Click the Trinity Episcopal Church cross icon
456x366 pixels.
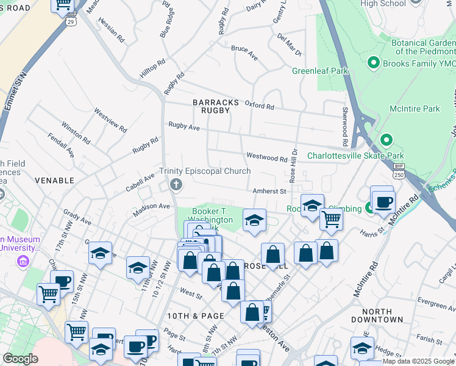[177, 184]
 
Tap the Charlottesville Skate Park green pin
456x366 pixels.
[385, 141]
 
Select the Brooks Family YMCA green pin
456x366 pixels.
[373, 63]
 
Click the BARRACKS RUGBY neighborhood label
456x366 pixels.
[212, 106]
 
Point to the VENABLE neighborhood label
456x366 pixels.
[54, 181]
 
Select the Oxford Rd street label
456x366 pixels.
[260, 106]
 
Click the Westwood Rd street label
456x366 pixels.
[266, 157]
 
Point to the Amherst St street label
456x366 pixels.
[270, 191]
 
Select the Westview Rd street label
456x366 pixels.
[110, 121]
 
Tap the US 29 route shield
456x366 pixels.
[71, 20]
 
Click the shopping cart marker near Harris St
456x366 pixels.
[331, 218]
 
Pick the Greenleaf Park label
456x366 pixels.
[319, 71]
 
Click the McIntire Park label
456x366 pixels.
[415, 109]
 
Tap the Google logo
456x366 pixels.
[20, 359]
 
